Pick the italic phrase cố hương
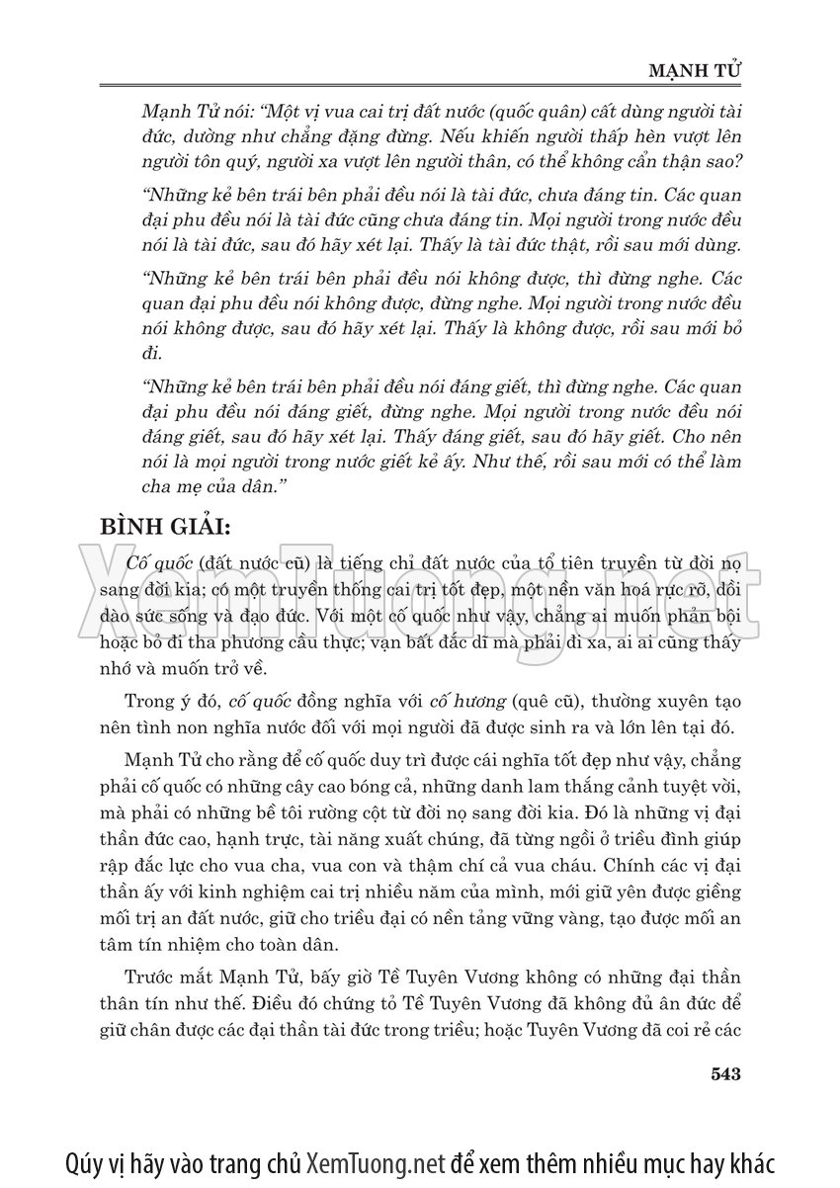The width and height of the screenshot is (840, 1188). [464, 703]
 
